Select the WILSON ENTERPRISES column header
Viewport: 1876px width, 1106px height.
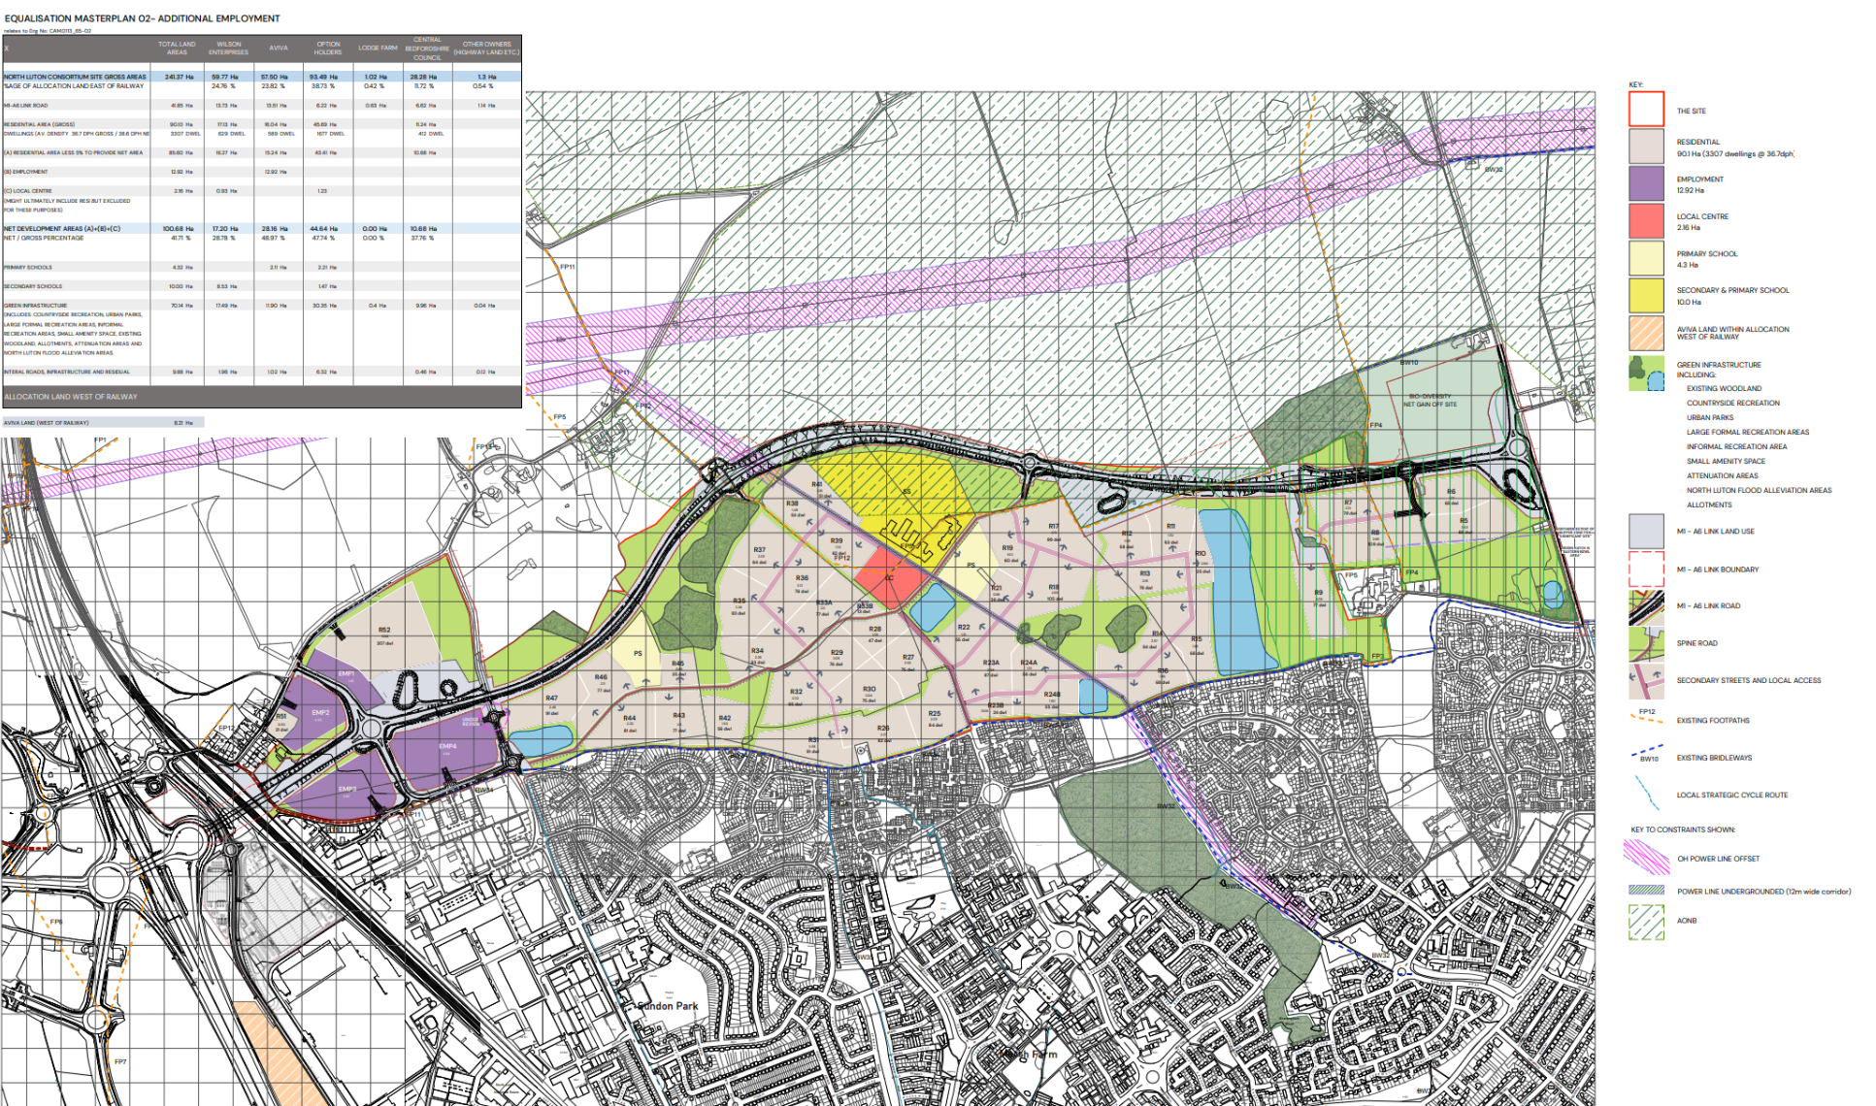pos(228,48)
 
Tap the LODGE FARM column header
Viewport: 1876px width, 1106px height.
pos(378,48)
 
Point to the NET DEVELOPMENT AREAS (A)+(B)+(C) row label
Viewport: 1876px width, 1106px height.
pos(62,229)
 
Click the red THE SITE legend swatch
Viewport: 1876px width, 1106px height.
pos(1646,109)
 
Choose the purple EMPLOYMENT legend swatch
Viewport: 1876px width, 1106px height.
pos(1646,183)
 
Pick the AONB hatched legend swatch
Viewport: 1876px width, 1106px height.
pos(1646,922)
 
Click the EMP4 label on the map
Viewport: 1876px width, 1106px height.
pos(447,746)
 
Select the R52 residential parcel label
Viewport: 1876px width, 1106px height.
pos(384,631)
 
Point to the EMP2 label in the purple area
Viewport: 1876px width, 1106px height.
pos(320,712)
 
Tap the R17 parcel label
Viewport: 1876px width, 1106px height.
pos(1053,527)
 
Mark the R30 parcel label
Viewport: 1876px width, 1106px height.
pos(869,689)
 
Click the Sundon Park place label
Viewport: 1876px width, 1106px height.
pos(669,1006)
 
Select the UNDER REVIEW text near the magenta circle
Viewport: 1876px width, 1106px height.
pos(471,722)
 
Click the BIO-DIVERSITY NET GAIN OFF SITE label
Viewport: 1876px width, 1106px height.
pos(1430,400)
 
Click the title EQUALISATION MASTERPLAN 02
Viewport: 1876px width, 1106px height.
pos(143,18)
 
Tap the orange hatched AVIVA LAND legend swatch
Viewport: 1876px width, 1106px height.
pos(1646,333)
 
